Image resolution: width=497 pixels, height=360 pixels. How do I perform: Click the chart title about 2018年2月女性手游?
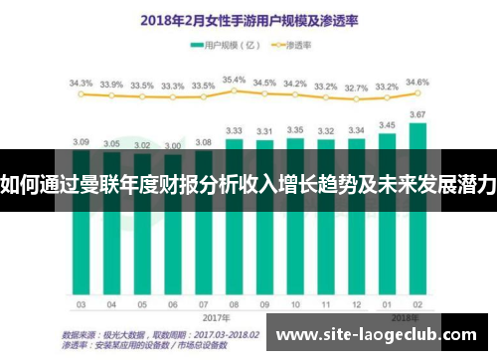[248, 18]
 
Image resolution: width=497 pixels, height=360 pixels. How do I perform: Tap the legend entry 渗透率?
[298, 45]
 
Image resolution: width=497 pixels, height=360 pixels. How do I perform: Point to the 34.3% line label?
[82, 84]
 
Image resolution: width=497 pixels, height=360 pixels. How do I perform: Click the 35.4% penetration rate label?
[234, 80]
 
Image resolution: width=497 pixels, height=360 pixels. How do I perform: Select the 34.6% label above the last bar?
[417, 83]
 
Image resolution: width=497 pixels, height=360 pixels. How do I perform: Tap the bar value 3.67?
[417, 115]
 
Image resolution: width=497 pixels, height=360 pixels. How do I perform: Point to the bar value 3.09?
[82, 141]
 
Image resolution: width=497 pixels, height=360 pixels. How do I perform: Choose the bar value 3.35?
[294, 130]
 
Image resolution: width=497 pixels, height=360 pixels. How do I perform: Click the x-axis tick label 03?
[82, 304]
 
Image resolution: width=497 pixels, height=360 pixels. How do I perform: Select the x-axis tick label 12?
[356, 304]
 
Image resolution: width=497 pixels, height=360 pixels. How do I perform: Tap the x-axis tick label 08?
[234, 304]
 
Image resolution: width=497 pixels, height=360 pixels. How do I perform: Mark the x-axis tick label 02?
[417, 304]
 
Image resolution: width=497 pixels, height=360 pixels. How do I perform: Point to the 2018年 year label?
[403, 317]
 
